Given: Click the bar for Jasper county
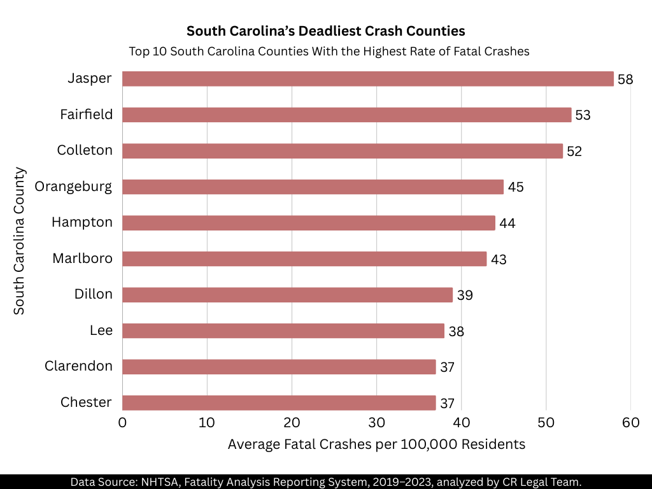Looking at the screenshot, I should pos(367,79).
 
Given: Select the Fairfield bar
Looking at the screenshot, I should pos(346,115).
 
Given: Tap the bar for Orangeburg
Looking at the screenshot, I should pos(313,187).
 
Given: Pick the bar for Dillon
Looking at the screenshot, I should pos(287,295).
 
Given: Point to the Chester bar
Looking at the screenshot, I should pos(279,402).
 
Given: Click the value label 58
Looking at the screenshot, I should pos(625,80).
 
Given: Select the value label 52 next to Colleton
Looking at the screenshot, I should pos(574,152).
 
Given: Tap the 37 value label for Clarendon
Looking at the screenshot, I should pos(447,367).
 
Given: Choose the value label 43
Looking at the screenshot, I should pos(498,259).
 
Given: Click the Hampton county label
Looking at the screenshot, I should pos(82,222).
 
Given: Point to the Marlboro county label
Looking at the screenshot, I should pos(82,259).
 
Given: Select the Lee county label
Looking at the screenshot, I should pos(101,330).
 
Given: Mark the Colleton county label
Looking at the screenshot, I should pos(85,150).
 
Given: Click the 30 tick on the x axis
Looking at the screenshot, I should pos(376,422).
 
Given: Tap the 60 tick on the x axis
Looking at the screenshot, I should pos(630,422).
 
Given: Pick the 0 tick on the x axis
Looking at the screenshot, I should pos(123,422).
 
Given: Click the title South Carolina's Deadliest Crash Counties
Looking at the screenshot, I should pos(325,31).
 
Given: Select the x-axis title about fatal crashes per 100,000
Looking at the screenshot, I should pos(376,444).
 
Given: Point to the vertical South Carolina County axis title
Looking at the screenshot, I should pos(20,241).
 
